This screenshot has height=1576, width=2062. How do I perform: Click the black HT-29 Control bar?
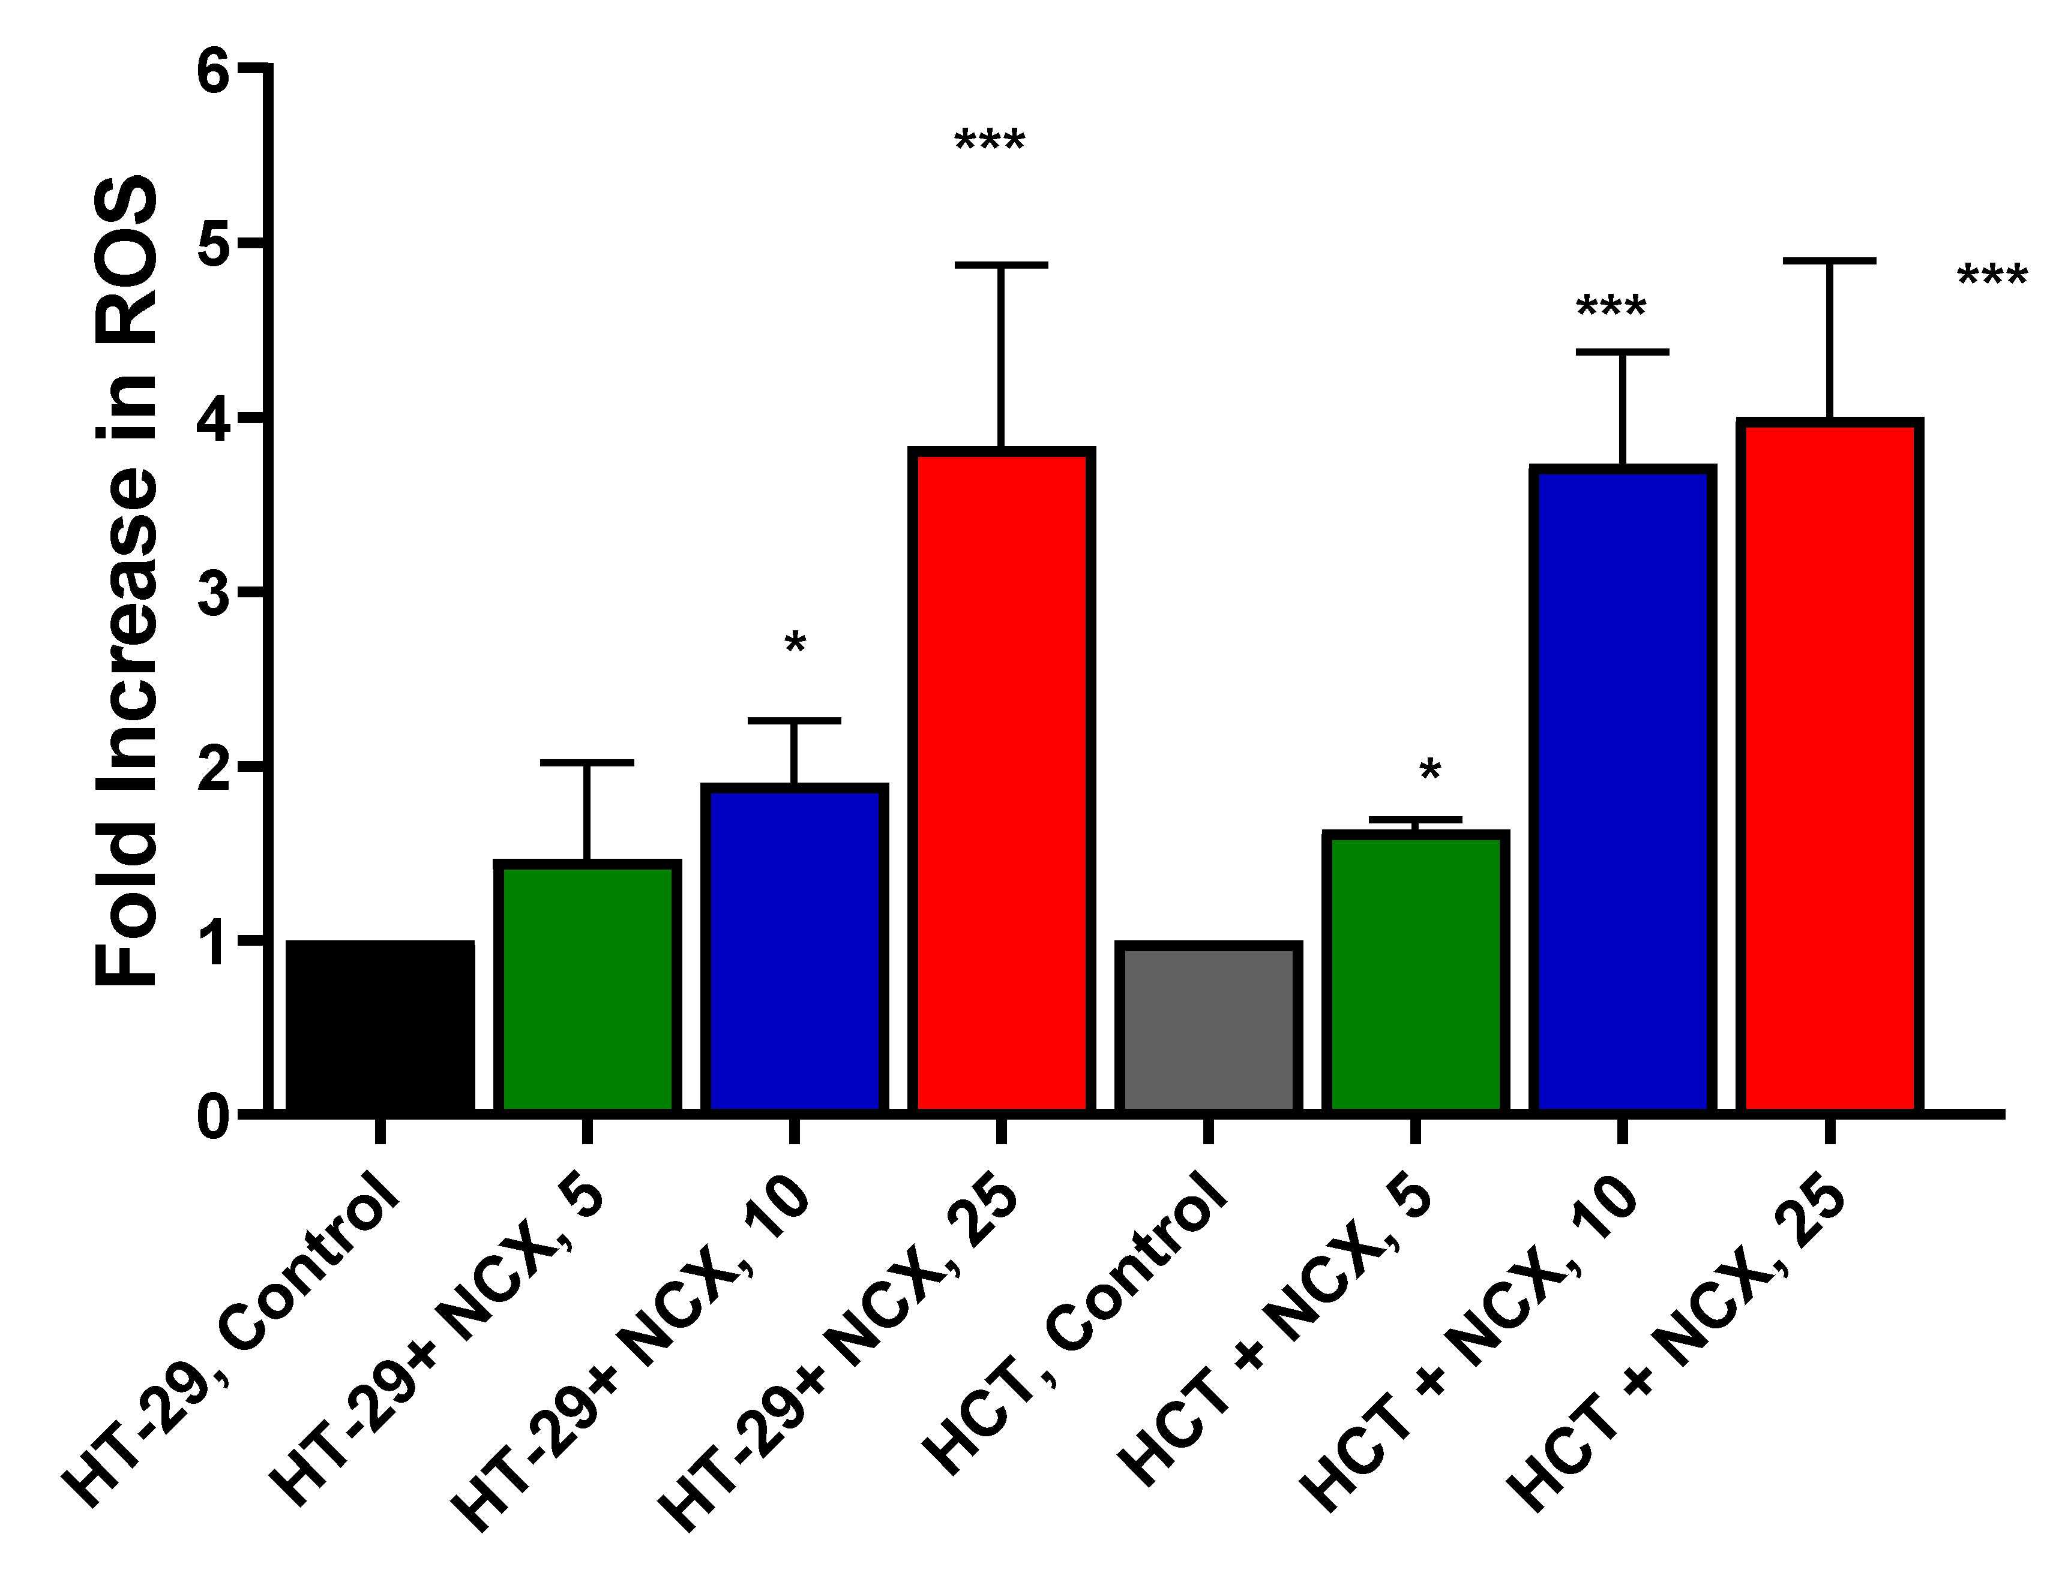tap(380, 1027)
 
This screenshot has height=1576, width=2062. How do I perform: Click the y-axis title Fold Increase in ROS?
tap(127, 582)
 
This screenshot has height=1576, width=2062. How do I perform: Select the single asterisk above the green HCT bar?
tap(1429, 772)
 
